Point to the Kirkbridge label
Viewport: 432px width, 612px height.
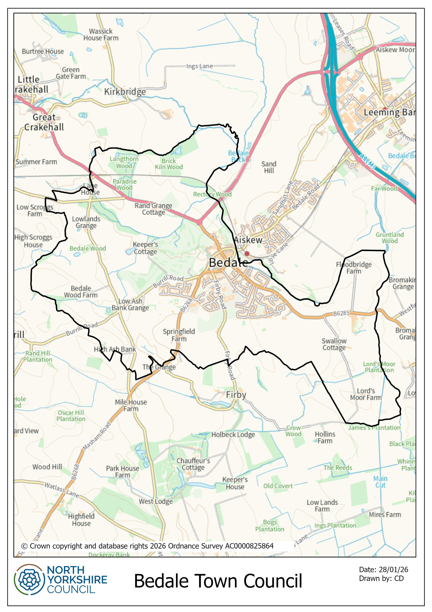(x=125, y=92)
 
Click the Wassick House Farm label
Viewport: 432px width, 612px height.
(x=101, y=35)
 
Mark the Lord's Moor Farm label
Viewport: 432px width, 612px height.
(x=366, y=394)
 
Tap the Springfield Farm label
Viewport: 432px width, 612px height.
(x=179, y=335)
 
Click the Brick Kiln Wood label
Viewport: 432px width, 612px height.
(x=169, y=164)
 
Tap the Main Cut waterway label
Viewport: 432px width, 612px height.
(x=380, y=482)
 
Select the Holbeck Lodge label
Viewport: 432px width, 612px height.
(x=233, y=434)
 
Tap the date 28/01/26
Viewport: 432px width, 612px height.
(x=393, y=570)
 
